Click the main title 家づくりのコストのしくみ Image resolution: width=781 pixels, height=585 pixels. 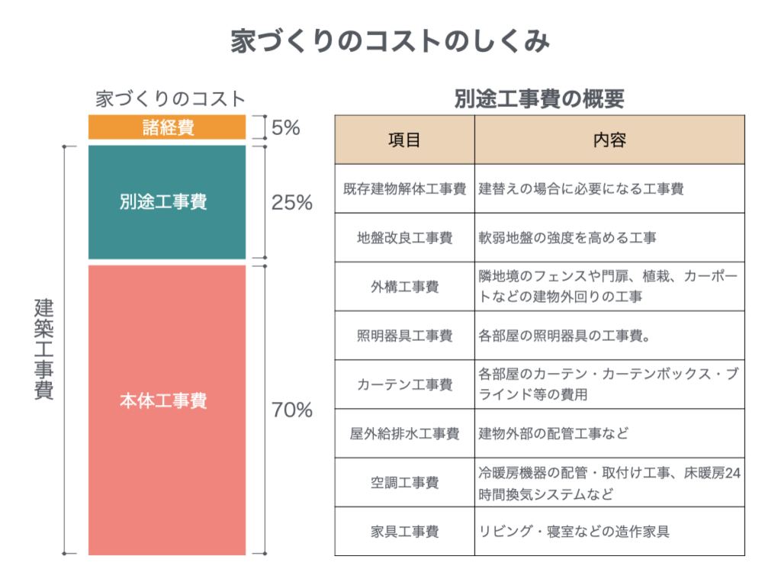pos(390,43)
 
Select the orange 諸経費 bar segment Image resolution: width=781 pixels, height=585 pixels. pos(167,127)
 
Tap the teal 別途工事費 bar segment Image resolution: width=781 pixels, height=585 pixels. pos(167,202)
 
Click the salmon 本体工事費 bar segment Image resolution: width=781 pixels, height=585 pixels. pos(167,401)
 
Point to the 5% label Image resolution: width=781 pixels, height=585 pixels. pos(285,127)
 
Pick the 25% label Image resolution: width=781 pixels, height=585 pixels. pos(292,204)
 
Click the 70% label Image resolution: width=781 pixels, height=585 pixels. pos(292,410)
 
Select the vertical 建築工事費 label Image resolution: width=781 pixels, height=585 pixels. pos(45,350)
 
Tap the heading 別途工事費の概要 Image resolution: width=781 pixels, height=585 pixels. pos(538,98)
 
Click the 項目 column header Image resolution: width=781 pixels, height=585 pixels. pos(404,140)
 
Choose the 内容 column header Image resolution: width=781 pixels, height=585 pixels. pos(609,140)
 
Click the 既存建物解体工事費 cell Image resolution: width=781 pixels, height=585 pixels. pos(404,189)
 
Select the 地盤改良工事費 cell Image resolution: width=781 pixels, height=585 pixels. pos(404,238)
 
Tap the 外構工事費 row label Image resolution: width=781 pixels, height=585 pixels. pos(404,287)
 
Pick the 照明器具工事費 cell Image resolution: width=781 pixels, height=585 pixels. pos(404,336)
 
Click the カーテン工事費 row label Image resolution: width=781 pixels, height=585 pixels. pos(404,384)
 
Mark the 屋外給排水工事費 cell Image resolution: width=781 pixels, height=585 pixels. pos(404,434)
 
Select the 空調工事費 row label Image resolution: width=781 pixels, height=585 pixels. pos(404,483)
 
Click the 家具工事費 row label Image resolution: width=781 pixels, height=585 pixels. pos(404,532)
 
